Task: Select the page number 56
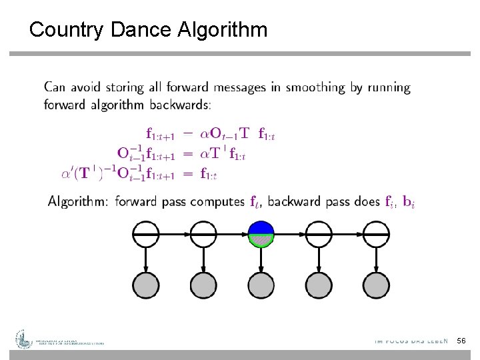point(461,341)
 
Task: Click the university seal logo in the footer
point(25,339)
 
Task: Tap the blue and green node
point(261,234)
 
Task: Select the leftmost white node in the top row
point(146,234)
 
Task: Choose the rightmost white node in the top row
point(376,234)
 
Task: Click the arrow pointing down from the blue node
point(261,259)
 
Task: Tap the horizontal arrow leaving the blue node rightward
point(289,234)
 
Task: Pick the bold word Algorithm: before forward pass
point(78,202)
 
